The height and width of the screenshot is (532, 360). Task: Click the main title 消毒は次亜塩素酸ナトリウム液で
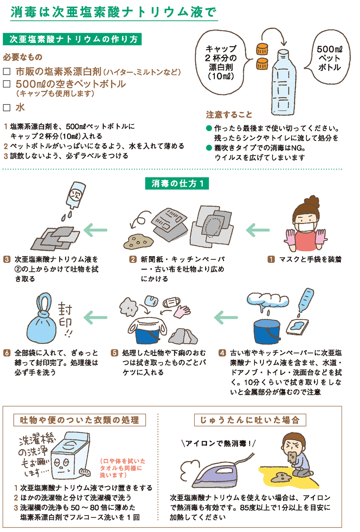pos(114,12)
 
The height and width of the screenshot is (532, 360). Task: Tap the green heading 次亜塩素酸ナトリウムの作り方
pos(72,39)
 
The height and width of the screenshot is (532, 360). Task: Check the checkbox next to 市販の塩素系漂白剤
pos(7,72)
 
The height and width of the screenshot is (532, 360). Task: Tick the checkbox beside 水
pos(7,107)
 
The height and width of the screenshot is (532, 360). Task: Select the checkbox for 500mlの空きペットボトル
pos(7,84)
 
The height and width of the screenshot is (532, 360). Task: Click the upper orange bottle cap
pos(262,49)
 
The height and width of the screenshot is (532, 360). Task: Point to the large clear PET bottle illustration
pos(284,83)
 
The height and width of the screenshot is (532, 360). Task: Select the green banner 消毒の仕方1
pos(177,183)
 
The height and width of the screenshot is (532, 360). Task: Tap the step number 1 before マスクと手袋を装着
pos(271,259)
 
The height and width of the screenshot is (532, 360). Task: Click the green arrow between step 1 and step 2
pos(258,230)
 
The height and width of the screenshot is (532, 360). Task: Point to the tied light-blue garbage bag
pos(42,326)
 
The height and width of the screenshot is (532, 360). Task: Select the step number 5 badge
pos(114,353)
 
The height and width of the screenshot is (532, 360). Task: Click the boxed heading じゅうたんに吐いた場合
pos(250,420)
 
